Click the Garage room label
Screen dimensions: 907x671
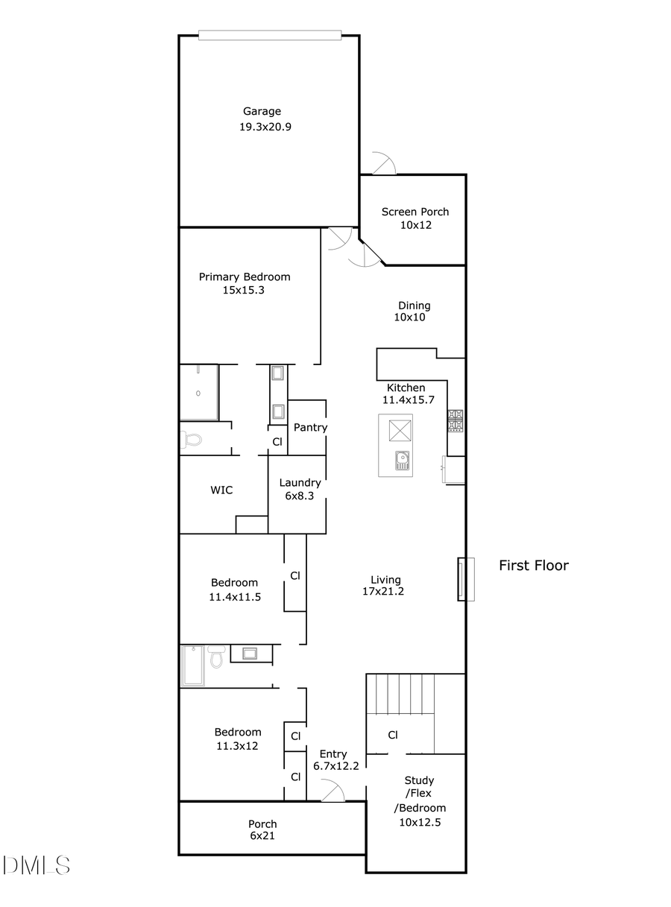262,112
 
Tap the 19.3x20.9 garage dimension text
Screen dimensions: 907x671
265,127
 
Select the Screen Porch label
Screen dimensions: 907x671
415,212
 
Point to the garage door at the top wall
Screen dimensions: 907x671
270,35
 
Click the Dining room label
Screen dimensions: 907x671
414,305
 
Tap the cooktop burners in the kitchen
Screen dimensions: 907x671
455,420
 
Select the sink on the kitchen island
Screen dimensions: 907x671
402,461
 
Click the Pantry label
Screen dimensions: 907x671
310,427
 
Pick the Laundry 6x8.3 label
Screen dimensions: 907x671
300,488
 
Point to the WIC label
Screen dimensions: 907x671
221,490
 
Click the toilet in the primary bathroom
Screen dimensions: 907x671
191,439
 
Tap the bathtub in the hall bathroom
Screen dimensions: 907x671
193,666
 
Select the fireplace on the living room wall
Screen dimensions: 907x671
465,579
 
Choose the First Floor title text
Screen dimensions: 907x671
533,566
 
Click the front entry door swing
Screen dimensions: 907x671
333,791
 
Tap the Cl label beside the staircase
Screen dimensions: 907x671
392,735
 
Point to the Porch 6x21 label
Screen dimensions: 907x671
262,829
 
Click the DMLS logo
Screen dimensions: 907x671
36,865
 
